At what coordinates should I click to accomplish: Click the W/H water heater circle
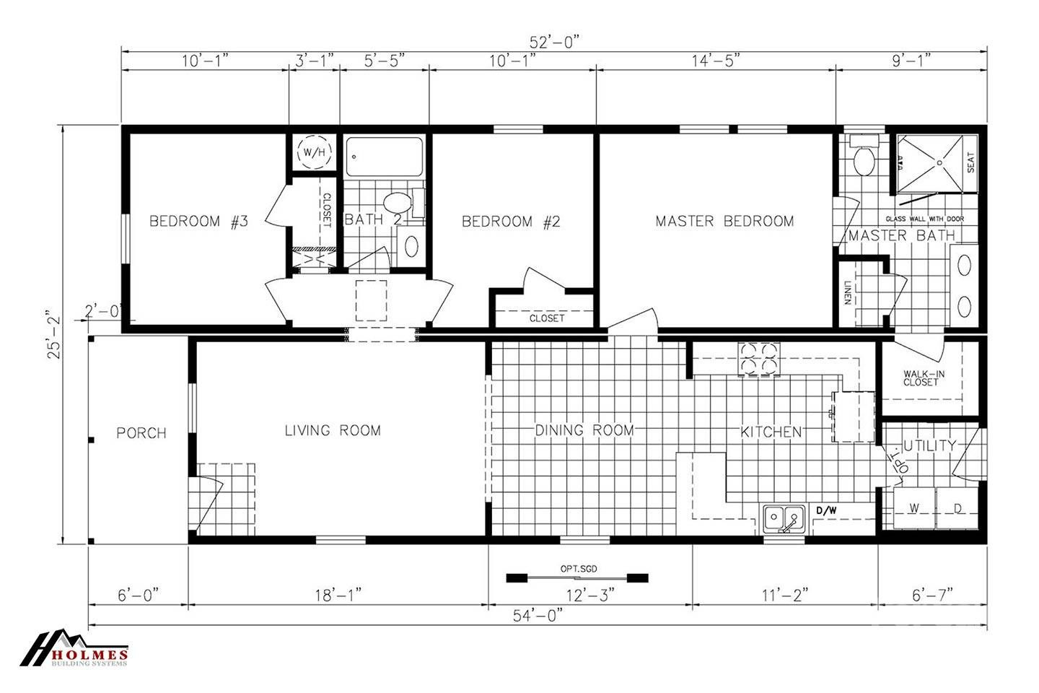click(314, 152)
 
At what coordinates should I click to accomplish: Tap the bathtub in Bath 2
click(384, 157)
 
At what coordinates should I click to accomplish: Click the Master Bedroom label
click(724, 221)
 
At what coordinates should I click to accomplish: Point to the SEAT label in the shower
click(970, 162)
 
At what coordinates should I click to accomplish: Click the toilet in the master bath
click(863, 160)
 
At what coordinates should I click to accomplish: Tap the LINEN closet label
click(847, 292)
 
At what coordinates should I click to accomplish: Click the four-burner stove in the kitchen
click(758, 359)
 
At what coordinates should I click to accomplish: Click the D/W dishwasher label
click(826, 511)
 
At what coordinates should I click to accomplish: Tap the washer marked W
click(913, 509)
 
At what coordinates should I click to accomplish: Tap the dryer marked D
click(958, 509)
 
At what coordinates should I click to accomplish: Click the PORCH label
click(141, 433)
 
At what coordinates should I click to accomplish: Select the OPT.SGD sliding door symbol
click(577, 577)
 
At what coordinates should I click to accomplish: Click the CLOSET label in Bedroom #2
click(546, 318)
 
